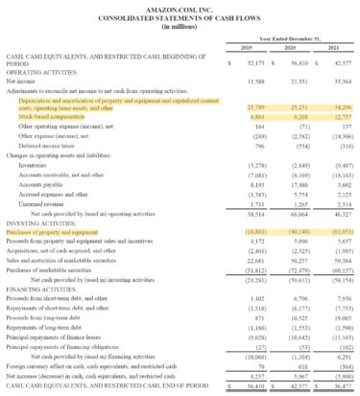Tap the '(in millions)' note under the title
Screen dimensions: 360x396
pos(180,27)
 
